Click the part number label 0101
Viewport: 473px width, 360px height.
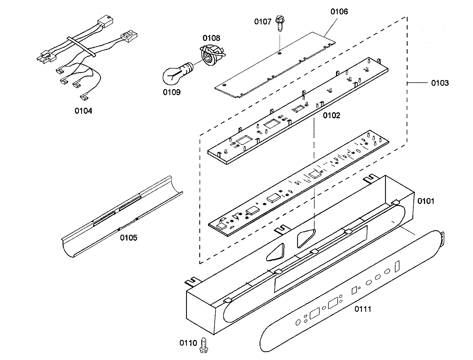pos(426,201)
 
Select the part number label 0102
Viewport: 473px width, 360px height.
pos(331,115)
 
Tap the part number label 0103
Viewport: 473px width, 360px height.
pos(440,83)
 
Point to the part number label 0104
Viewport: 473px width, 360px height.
pos(83,111)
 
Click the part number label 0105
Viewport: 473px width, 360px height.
pos(129,238)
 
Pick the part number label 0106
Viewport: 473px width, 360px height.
pos(339,12)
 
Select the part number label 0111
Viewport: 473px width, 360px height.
pos(363,309)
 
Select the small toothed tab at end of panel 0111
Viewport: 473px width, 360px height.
pos(442,237)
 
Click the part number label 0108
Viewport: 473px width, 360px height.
pos(212,38)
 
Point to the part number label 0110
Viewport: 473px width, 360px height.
pos(188,343)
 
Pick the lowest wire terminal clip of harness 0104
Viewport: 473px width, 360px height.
pos(84,98)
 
